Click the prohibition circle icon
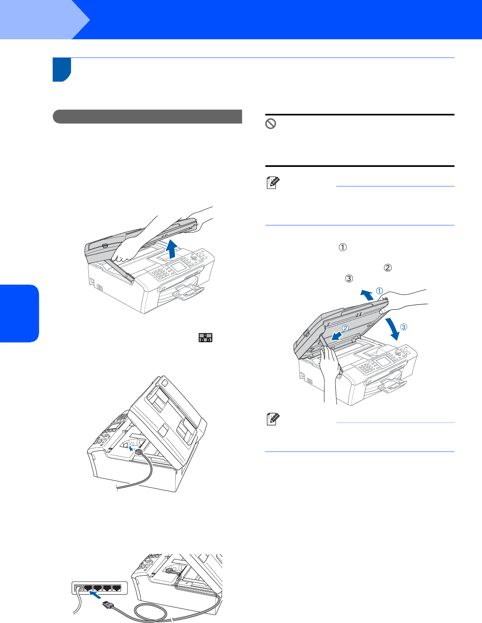[271, 124]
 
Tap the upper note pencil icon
[273, 183]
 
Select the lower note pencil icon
[273, 419]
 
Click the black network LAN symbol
[205, 337]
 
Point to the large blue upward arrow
[172, 249]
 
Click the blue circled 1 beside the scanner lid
[380, 291]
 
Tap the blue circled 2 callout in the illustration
[346, 328]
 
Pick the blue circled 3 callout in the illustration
[403, 327]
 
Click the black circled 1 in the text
[343, 247]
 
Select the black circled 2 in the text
[388, 268]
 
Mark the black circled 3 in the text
[349, 278]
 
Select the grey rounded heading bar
[147, 116]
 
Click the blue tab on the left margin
[19, 314]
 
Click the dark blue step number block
[62, 70]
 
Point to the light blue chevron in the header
[45, 19]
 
